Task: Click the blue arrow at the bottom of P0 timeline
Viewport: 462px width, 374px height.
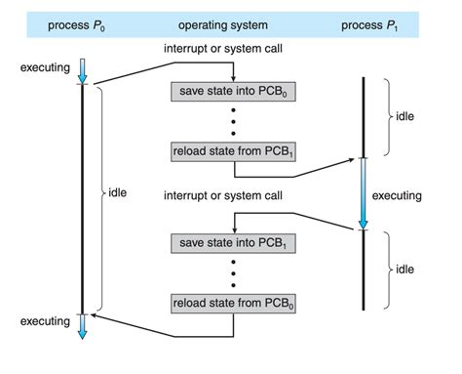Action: pos(83,325)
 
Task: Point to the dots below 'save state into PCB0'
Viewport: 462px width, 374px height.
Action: pos(234,121)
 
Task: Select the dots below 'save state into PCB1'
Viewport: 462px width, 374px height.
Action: pos(234,271)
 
